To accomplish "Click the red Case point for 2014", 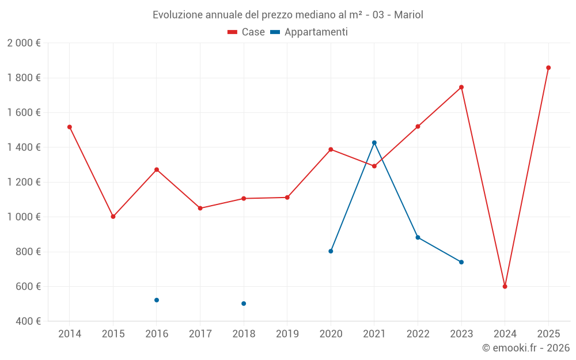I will [70, 127].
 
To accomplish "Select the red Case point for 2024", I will [505, 286].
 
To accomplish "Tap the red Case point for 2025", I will [548, 68].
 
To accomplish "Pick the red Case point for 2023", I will [461, 87].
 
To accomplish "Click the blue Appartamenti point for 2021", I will [374, 142].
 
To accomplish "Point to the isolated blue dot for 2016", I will [157, 300].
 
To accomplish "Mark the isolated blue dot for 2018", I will [244, 304].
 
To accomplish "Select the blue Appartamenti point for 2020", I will [331, 251].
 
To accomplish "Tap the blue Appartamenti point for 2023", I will [461, 262].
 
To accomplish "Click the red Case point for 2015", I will [113, 217].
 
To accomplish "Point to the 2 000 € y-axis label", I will [24, 43].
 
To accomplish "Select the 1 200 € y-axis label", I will [24, 182].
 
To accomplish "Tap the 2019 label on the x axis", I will [287, 334].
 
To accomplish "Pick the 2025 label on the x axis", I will [548, 334].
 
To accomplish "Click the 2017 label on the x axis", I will [200, 334].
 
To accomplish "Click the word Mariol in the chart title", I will [408, 15].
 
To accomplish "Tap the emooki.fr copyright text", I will [526, 348].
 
